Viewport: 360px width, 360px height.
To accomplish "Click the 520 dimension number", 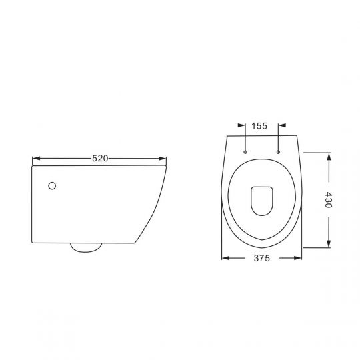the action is (x=100, y=158).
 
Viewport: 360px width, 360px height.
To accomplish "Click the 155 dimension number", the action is (x=259, y=126).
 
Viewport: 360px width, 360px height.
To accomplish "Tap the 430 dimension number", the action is (x=329, y=200).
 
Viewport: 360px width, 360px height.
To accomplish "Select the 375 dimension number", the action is (x=262, y=258).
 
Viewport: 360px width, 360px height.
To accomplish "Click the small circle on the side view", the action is (x=52, y=186).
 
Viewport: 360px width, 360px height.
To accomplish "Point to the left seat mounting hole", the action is (x=245, y=152).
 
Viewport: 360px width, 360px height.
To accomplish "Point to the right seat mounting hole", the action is (x=278, y=152).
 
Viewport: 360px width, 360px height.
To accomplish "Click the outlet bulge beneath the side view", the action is (x=86, y=248).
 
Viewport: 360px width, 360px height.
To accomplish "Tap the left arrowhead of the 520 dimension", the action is (x=36, y=159).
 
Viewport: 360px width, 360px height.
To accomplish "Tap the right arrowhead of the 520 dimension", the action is (x=162, y=159).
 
